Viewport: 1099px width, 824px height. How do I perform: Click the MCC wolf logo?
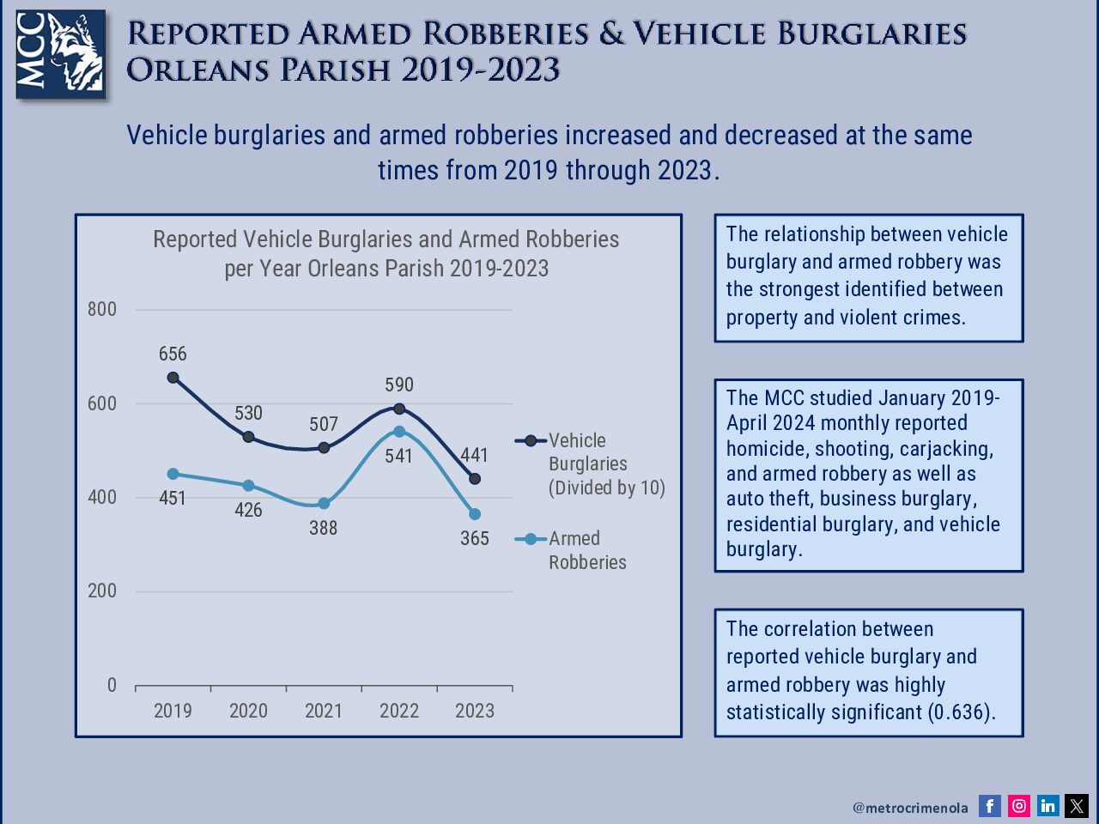tap(61, 54)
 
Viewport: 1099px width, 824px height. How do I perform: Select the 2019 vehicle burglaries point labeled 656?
tap(173, 378)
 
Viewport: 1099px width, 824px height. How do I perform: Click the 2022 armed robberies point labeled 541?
tap(399, 432)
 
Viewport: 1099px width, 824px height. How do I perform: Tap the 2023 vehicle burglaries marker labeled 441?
tap(475, 479)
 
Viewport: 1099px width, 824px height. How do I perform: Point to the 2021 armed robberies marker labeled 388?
tap(324, 504)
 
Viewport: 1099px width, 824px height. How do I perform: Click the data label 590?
tap(399, 385)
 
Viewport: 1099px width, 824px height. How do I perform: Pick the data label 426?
tap(248, 510)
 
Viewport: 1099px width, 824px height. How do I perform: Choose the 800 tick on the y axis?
tap(102, 309)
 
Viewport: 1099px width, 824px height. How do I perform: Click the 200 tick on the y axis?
tap(102, 591)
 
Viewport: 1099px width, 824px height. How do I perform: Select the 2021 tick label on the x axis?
tap(324, 711)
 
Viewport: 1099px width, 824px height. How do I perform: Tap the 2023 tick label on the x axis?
tap(475, 711)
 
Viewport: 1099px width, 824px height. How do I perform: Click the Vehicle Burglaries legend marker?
tap(531, 441)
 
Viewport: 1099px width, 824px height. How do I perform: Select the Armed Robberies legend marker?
tap(531, 539)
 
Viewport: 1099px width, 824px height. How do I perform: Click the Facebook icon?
tap(990, 806)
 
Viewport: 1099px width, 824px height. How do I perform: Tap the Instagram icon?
tap(1019, 806)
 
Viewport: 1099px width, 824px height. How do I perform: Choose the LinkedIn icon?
tap(1047, 806)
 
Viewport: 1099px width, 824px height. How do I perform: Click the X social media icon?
tap(1077, 806)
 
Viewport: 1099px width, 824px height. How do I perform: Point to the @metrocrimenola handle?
tap(910, 808)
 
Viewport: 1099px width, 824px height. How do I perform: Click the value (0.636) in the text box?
tap(962, 712)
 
